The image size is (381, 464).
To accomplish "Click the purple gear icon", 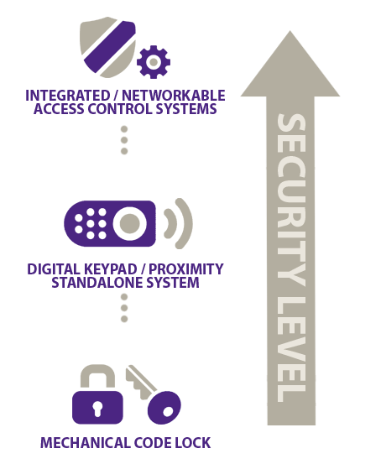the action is point(154,62).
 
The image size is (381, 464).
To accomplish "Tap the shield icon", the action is point(108,47).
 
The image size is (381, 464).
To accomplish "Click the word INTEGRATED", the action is point(67,96).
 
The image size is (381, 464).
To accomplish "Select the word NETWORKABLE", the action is point(174,96).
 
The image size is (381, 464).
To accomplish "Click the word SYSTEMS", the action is point(186,109).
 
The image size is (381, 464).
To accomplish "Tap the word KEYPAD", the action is point(111,269).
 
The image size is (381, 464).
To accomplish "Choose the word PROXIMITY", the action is point(186,269).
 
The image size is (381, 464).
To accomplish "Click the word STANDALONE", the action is point(97,282).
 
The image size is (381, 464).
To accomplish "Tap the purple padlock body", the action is point(97,407).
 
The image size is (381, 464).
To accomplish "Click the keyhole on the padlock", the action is point(97,409).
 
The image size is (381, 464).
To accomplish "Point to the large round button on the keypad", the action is point(130,223).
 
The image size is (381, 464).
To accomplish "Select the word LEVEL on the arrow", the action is point(290,350).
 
